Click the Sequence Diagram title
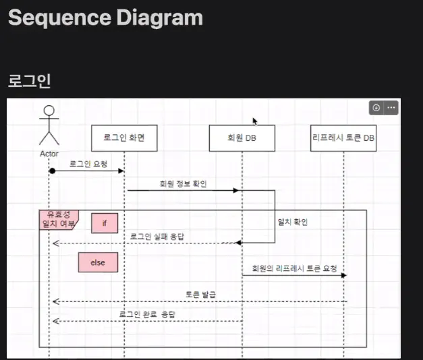105,17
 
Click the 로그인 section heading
30,81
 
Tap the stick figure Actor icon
49,125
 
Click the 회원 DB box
242,138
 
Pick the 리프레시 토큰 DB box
343,138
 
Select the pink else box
98,263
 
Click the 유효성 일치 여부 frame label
58,219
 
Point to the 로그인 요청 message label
88,163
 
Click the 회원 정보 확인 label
182,183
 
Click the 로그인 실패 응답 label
157,237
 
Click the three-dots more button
391,108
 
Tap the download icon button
376,108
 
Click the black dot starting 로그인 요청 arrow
51,171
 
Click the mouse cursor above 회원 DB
255,121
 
